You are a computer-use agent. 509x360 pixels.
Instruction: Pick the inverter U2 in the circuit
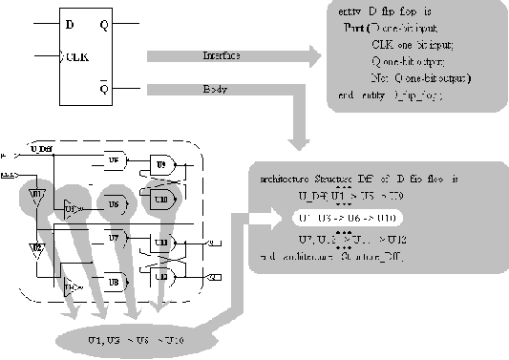pyautogui.click(x=35, y=250)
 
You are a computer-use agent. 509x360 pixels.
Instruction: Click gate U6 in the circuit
pyautogui.click(x=113, y=204)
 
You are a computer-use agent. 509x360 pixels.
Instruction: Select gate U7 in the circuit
pyautogui.click(x=113, y=235)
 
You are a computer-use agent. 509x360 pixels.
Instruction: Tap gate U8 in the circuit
pyautogui.click(x=113, y=281)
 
